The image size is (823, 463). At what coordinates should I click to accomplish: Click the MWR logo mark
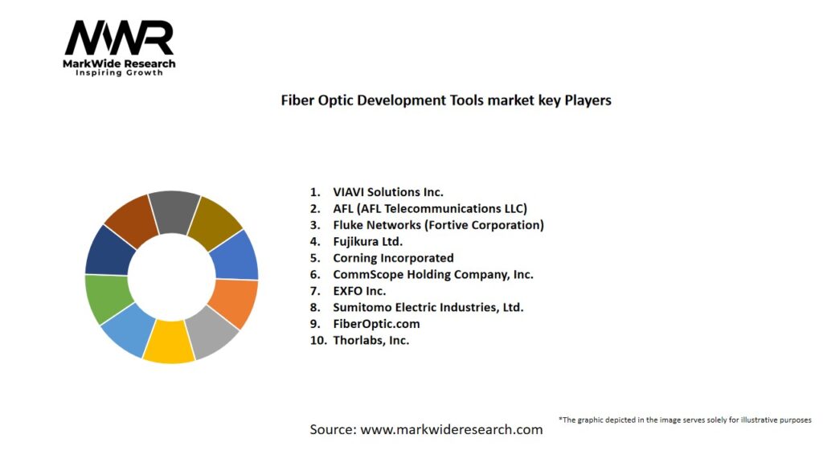[119, 39]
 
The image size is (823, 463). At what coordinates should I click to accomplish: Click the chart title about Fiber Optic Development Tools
[445, 100]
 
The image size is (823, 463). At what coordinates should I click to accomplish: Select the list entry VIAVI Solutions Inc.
[388, 192]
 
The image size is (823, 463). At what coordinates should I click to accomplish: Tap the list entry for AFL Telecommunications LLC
[430, 209]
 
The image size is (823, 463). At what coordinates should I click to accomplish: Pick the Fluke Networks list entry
[438, 225]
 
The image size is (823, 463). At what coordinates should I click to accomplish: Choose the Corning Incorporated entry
[393, 258]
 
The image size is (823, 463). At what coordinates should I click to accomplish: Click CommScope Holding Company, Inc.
[432, 274]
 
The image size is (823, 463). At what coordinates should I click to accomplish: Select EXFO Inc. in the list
[359, 291]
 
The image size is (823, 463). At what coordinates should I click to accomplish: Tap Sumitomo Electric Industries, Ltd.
[428, 307]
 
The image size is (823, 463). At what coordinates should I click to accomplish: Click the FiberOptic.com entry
[376, 323]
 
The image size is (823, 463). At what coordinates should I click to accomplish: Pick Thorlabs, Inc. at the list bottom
[371, 340]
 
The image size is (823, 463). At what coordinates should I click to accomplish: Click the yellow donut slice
[168, 342]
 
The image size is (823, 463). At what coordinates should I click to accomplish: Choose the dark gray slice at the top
[173, 211]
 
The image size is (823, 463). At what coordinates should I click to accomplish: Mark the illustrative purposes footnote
[685, 420]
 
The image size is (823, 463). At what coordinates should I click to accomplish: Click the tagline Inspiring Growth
[119, 72]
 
